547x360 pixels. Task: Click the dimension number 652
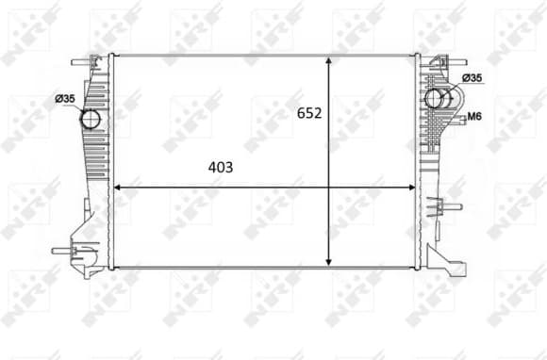(x=309, y=113)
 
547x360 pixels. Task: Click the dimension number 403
(x=221, y=167)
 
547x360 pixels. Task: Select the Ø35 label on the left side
(x=65, y=98)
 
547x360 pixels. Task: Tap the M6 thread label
(x=476, y=117)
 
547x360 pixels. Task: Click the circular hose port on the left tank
(x=91, y=119)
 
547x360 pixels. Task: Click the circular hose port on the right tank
(x=437, y=98)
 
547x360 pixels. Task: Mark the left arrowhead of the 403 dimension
(x=117, y=188)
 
